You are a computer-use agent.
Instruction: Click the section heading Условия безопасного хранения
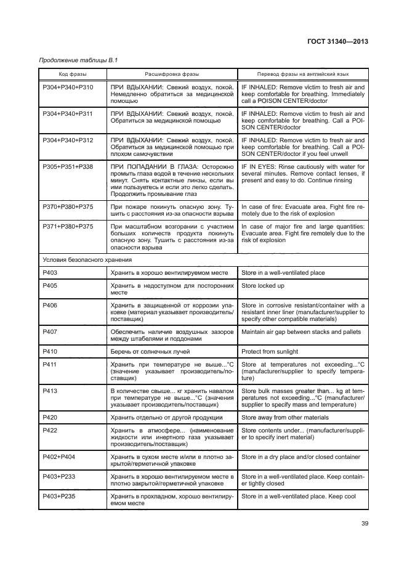(80, 259)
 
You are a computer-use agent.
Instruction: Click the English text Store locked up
(263, 286)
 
